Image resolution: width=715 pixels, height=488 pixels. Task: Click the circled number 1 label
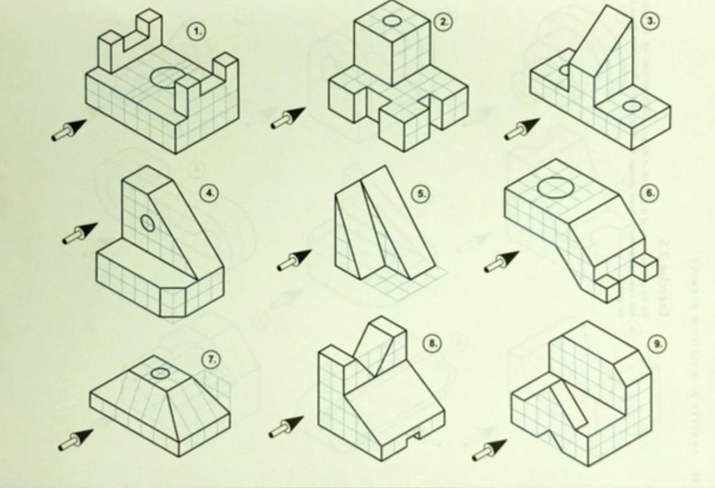click(x=198, y=31)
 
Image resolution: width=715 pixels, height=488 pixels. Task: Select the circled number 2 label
click(x=443, y=22)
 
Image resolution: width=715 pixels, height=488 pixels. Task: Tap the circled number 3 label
click(x=650, y=21)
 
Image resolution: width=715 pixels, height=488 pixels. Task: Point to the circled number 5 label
click(x=420, y=193)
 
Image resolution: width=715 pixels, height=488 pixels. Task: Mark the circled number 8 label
click(x=432, y=343)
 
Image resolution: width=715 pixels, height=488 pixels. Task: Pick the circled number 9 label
click(x=656, y=343)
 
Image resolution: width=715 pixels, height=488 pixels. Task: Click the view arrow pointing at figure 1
click(x=69, y=130)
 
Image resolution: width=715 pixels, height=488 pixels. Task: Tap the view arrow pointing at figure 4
click(x=80, y=233)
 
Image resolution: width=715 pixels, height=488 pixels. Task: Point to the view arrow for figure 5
click(x=294, y=260)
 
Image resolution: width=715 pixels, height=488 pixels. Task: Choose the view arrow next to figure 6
click(x=501, y=262)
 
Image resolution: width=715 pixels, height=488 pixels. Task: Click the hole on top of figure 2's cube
click(x=392, y=21)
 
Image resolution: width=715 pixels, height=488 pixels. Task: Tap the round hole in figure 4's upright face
click(x=147, y=223)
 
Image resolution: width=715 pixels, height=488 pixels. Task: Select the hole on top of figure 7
click(x=161, y=373)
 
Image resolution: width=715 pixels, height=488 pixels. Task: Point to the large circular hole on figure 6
click(x=552, y=187)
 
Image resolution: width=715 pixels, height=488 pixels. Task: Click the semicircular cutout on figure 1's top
click(x=166, y=77)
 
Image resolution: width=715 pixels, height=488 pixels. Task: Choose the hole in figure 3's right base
click(x=632, y=106)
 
